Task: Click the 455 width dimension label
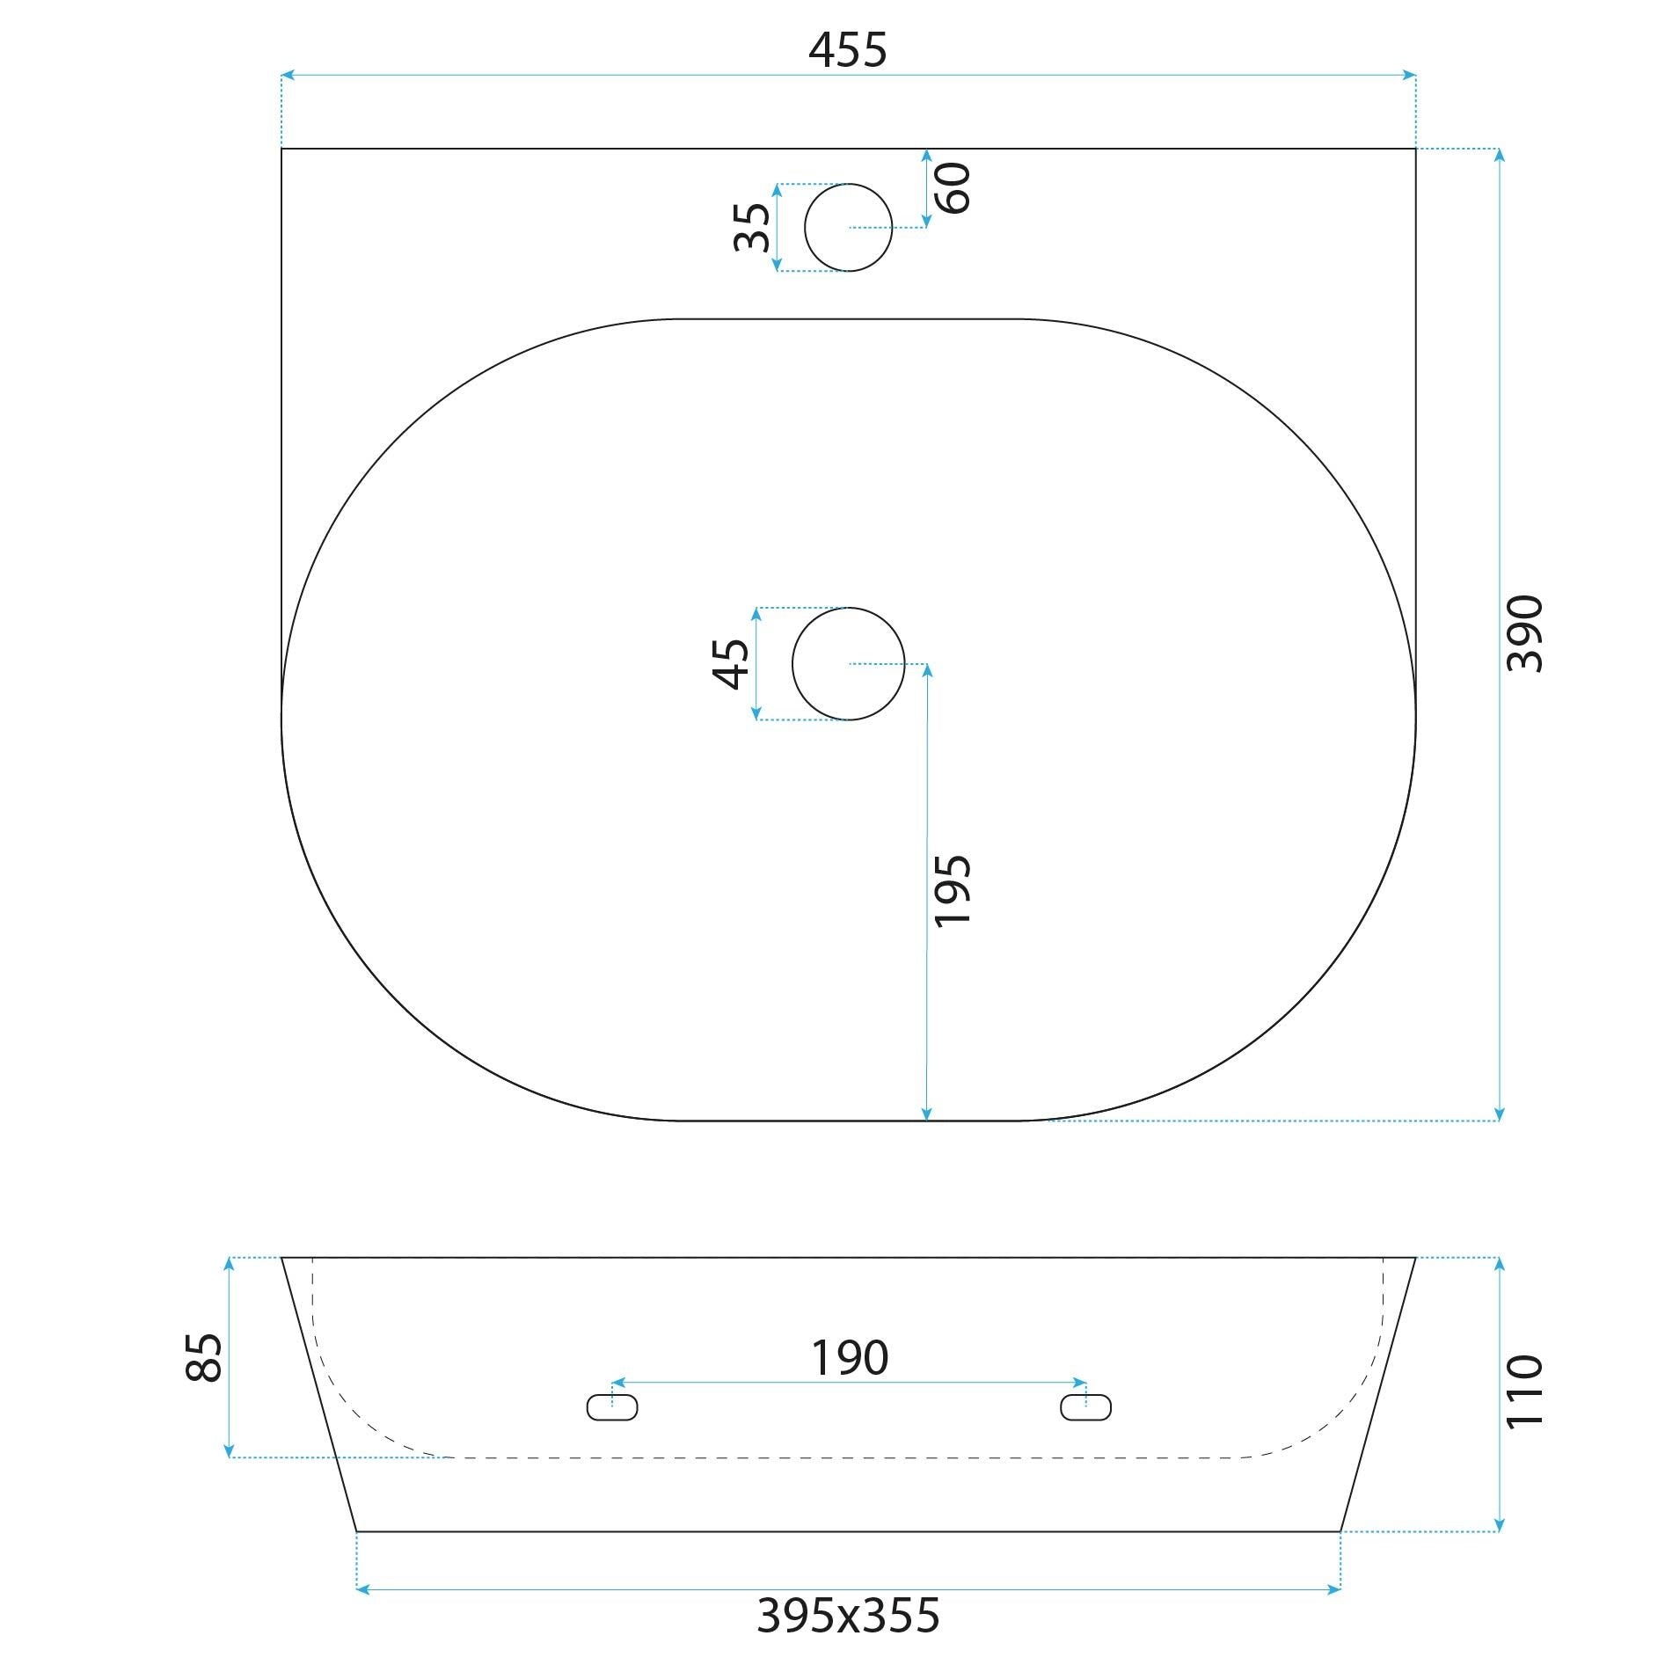[847, 50]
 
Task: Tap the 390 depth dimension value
[1524, 633]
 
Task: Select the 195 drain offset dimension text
[952, 890]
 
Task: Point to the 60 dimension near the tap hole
[953, 187]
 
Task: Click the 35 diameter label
[752, 227]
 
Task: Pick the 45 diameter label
[731, 663]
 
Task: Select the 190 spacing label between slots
[849, 1357]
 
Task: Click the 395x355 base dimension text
[848, 1615]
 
